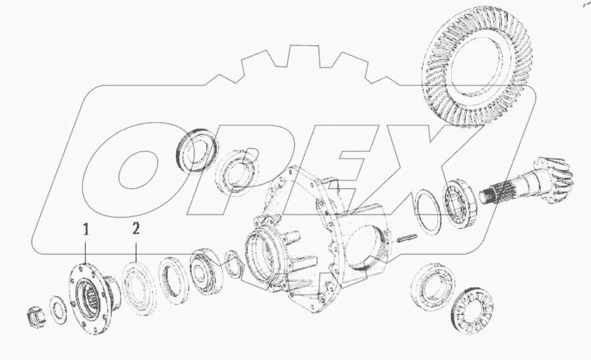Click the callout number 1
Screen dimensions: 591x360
(86, 229)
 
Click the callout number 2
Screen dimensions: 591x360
(136, 229)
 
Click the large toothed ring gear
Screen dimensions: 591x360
(477, 65)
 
